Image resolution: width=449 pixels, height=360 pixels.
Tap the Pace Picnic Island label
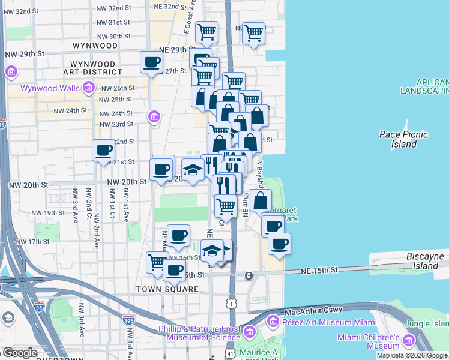click(403, 139)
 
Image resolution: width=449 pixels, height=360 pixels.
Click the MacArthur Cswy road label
click(313, 310)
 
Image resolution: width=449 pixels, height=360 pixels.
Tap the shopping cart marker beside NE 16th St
click(157, 262)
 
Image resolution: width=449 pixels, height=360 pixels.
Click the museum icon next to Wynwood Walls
click(88, 89)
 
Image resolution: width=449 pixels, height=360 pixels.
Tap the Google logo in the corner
click(20, 353)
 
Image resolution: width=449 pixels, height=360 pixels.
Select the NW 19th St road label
click(48, 213)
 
